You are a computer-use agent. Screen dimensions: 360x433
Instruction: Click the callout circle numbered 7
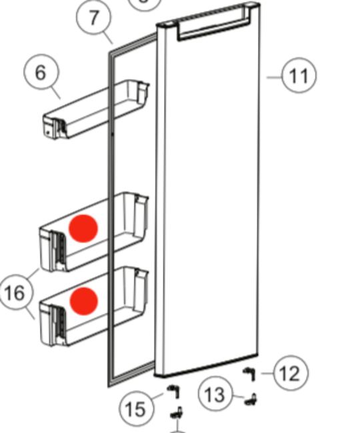(x=94, y=17)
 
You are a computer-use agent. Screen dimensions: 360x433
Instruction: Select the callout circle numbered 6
(x=41, y=72)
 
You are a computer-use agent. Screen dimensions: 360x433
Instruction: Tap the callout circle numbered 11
(x=299, y=75)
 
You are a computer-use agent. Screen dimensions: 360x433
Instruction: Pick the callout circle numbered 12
(x=291, y=373)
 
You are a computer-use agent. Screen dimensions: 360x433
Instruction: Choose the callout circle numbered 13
(x=215, y=394)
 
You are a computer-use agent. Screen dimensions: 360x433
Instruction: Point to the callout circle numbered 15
(x=137, y=408)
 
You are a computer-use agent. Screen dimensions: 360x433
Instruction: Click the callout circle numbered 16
(x=16, y=292)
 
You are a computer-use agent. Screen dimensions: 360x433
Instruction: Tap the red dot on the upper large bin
(x=83, y=228)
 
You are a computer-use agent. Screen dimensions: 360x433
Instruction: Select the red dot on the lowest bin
(x=84, y=301)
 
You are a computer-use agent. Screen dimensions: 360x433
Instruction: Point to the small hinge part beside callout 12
(x=249, y=374)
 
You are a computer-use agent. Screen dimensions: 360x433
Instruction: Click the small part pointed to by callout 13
(x=251, y=400)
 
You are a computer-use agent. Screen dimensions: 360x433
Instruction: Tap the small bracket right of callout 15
(x=175, y=392)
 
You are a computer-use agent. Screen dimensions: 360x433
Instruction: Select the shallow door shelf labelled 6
(x=96, y=109)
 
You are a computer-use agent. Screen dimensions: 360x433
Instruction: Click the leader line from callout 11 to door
(x=274, y=77)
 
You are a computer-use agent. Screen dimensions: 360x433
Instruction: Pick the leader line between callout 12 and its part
(x=267, y=374)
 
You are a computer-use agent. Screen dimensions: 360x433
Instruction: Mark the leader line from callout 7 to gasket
(x=109, y=39)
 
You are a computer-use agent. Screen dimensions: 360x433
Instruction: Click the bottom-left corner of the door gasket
(x=109, y=386)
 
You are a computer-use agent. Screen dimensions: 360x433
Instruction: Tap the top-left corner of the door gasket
(x=109, y=53)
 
